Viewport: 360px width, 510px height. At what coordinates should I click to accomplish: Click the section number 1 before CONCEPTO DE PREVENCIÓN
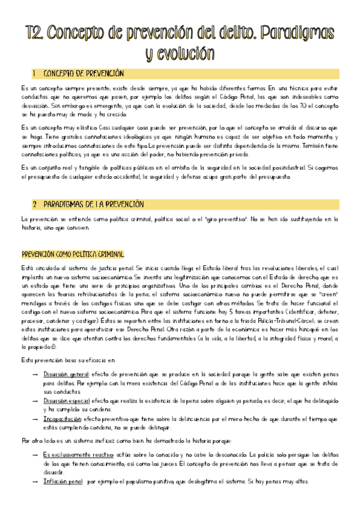(35, 74)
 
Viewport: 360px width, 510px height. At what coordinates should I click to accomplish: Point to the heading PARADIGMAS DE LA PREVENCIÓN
(96, 204)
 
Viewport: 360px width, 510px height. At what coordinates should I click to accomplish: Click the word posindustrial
(277, 167)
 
